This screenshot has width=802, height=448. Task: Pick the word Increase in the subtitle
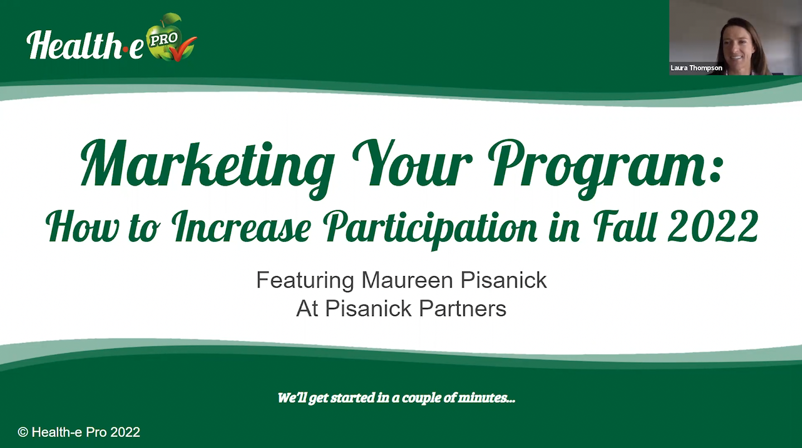(x=241, y=227)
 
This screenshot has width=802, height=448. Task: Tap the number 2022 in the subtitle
(x=713, y=226)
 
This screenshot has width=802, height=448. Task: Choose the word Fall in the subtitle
(x=626, y=226)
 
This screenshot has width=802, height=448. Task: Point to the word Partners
(x=462, y=309)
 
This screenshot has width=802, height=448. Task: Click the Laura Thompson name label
(x=697, y=68)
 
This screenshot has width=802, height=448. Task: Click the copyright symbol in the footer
(x=23, y=432)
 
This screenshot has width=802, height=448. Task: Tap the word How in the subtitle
(x=83, y=227)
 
